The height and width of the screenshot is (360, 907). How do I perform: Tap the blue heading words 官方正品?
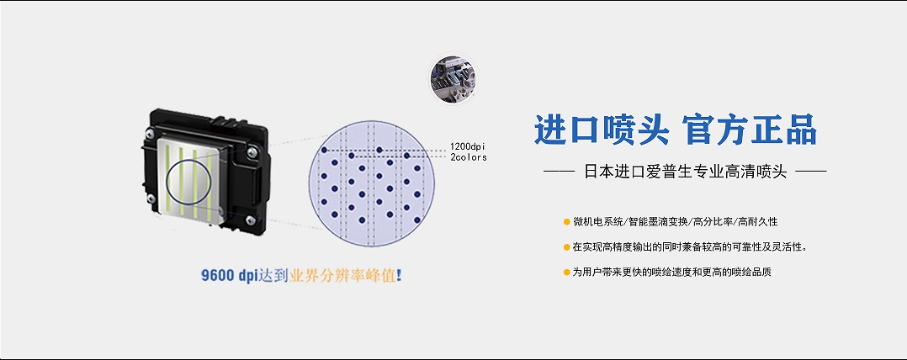[x=750, y=130]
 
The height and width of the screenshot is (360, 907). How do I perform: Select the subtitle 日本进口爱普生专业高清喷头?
[x=686, y=172]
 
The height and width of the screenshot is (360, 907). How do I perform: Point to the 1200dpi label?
[x=468, y=146]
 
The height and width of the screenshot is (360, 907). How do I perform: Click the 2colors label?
[x=468, y=156]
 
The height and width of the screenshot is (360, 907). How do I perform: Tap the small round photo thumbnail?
[x=454, y=79]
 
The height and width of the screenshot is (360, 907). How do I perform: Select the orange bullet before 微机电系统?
[x=566, y=221]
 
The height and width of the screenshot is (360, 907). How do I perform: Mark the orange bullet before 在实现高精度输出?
[x=566, y=247]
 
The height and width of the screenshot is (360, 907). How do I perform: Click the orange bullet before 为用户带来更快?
[x=566, y=272]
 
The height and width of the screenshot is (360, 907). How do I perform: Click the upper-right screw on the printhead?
[x=252, y=152]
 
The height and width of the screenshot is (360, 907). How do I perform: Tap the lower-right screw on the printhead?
[x=251, y=220]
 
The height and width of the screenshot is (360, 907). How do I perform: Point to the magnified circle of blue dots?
[x=371, y=183]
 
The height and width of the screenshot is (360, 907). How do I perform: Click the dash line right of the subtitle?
[x=812, y=172]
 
